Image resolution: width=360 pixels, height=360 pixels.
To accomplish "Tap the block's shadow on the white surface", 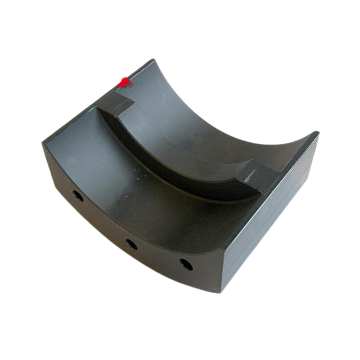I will (292, 253).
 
